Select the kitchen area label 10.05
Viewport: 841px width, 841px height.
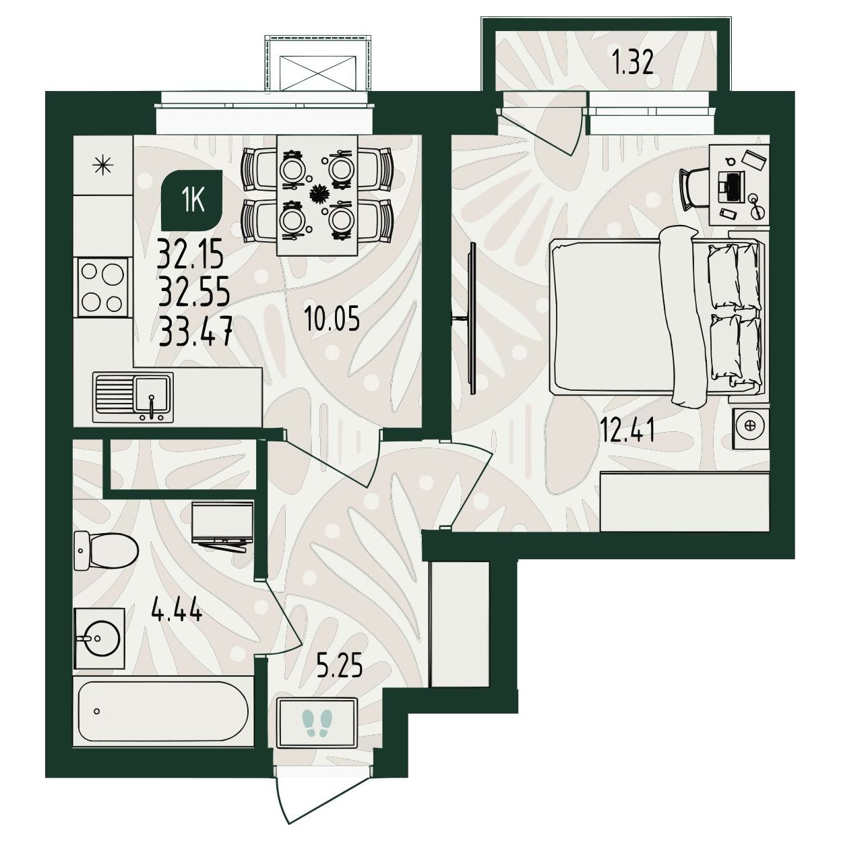coord(332,319)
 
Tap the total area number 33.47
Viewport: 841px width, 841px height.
coord(195,332)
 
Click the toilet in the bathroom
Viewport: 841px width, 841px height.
coord(106,551)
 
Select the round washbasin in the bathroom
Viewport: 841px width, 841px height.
coord(100,638)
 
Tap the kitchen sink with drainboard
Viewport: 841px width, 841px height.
coord(133,397)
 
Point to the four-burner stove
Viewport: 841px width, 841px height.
coord(103,286)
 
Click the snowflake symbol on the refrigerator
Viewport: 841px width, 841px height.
coord(104,165)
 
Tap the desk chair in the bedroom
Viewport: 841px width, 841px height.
coord(695,189)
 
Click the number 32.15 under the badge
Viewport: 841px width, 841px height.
coord(191,255)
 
